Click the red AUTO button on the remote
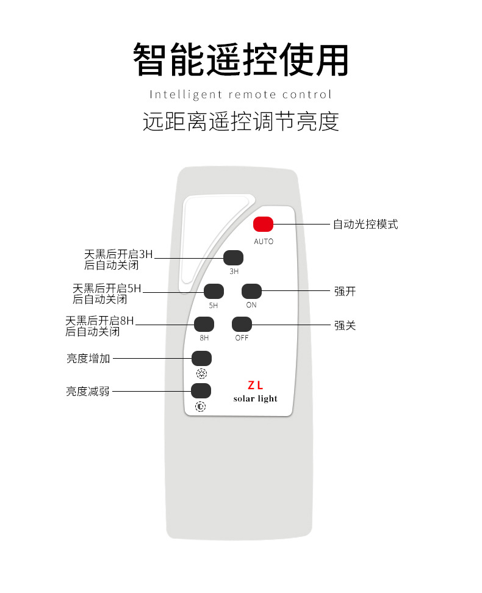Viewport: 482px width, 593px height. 264,225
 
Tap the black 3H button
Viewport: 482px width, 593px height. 233,257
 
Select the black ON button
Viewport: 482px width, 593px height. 251,291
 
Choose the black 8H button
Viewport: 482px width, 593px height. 204,324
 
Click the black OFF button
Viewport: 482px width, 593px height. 242,324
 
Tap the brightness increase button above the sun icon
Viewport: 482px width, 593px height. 201,358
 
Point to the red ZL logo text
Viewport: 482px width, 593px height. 255,386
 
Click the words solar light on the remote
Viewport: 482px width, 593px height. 255,399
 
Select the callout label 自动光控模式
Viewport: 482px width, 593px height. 365,225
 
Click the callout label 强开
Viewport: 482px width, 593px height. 345,292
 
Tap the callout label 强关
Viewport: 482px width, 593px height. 345,326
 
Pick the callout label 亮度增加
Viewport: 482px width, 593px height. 88,359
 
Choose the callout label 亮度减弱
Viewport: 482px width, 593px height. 88,392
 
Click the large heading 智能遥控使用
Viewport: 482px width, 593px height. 241,60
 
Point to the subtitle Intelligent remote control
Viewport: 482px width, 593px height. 241,95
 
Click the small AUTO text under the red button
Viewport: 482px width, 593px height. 264,242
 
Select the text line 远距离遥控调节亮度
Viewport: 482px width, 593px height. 241,122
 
